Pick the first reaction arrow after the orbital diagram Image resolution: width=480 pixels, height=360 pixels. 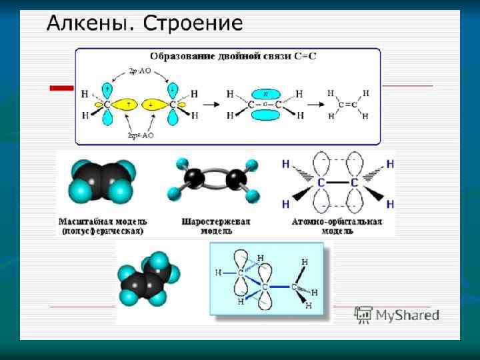(211, 105)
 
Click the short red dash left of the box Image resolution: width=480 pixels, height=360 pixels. (62, 87)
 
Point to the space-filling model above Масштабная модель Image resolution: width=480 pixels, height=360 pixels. (103, 180)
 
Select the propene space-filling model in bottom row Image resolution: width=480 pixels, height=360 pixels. (148, 280)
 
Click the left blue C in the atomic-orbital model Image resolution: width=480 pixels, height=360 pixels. (321, 182)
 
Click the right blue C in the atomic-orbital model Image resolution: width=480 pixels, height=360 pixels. (354, 182)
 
